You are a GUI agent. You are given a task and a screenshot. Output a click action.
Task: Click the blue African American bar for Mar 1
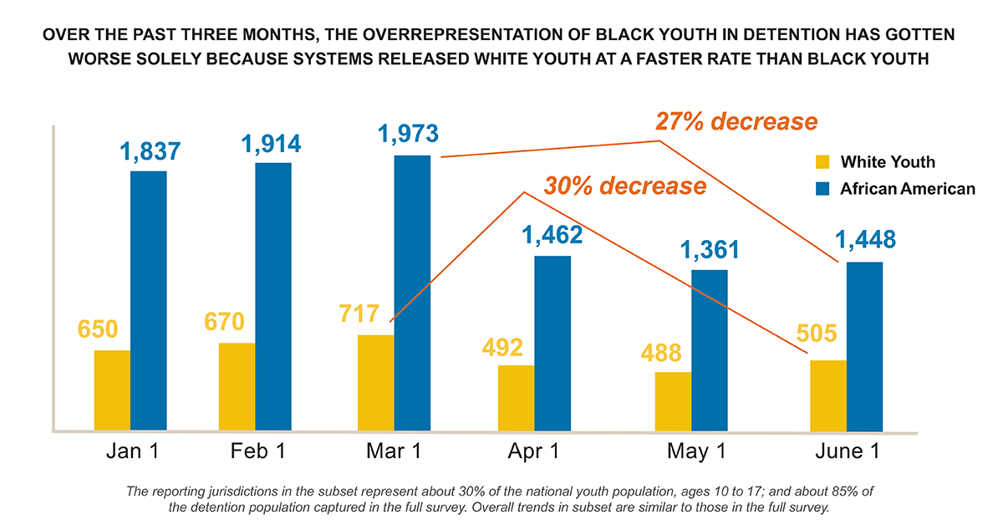tap(412, 293)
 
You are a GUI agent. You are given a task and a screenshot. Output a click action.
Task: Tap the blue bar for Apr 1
tap(552, 343)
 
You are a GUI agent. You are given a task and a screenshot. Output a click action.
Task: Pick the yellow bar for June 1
tap(827, 395)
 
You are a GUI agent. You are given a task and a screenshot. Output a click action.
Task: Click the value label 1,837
tap(150, 152)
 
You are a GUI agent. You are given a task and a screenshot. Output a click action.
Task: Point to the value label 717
tap(360, 314)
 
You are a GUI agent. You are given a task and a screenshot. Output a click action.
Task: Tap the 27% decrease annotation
tap(735, 122)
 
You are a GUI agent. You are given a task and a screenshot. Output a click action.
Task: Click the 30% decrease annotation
tap(624, 186)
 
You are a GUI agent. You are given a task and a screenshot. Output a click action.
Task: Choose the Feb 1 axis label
tap(258, 452)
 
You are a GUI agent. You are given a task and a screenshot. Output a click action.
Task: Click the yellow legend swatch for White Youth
tap(822, 162)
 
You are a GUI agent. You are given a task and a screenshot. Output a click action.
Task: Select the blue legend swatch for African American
tap(822, 189)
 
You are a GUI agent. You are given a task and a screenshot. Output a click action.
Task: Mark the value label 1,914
tap(272, 144)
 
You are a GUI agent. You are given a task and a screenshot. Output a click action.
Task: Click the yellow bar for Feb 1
tap(237, 387)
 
